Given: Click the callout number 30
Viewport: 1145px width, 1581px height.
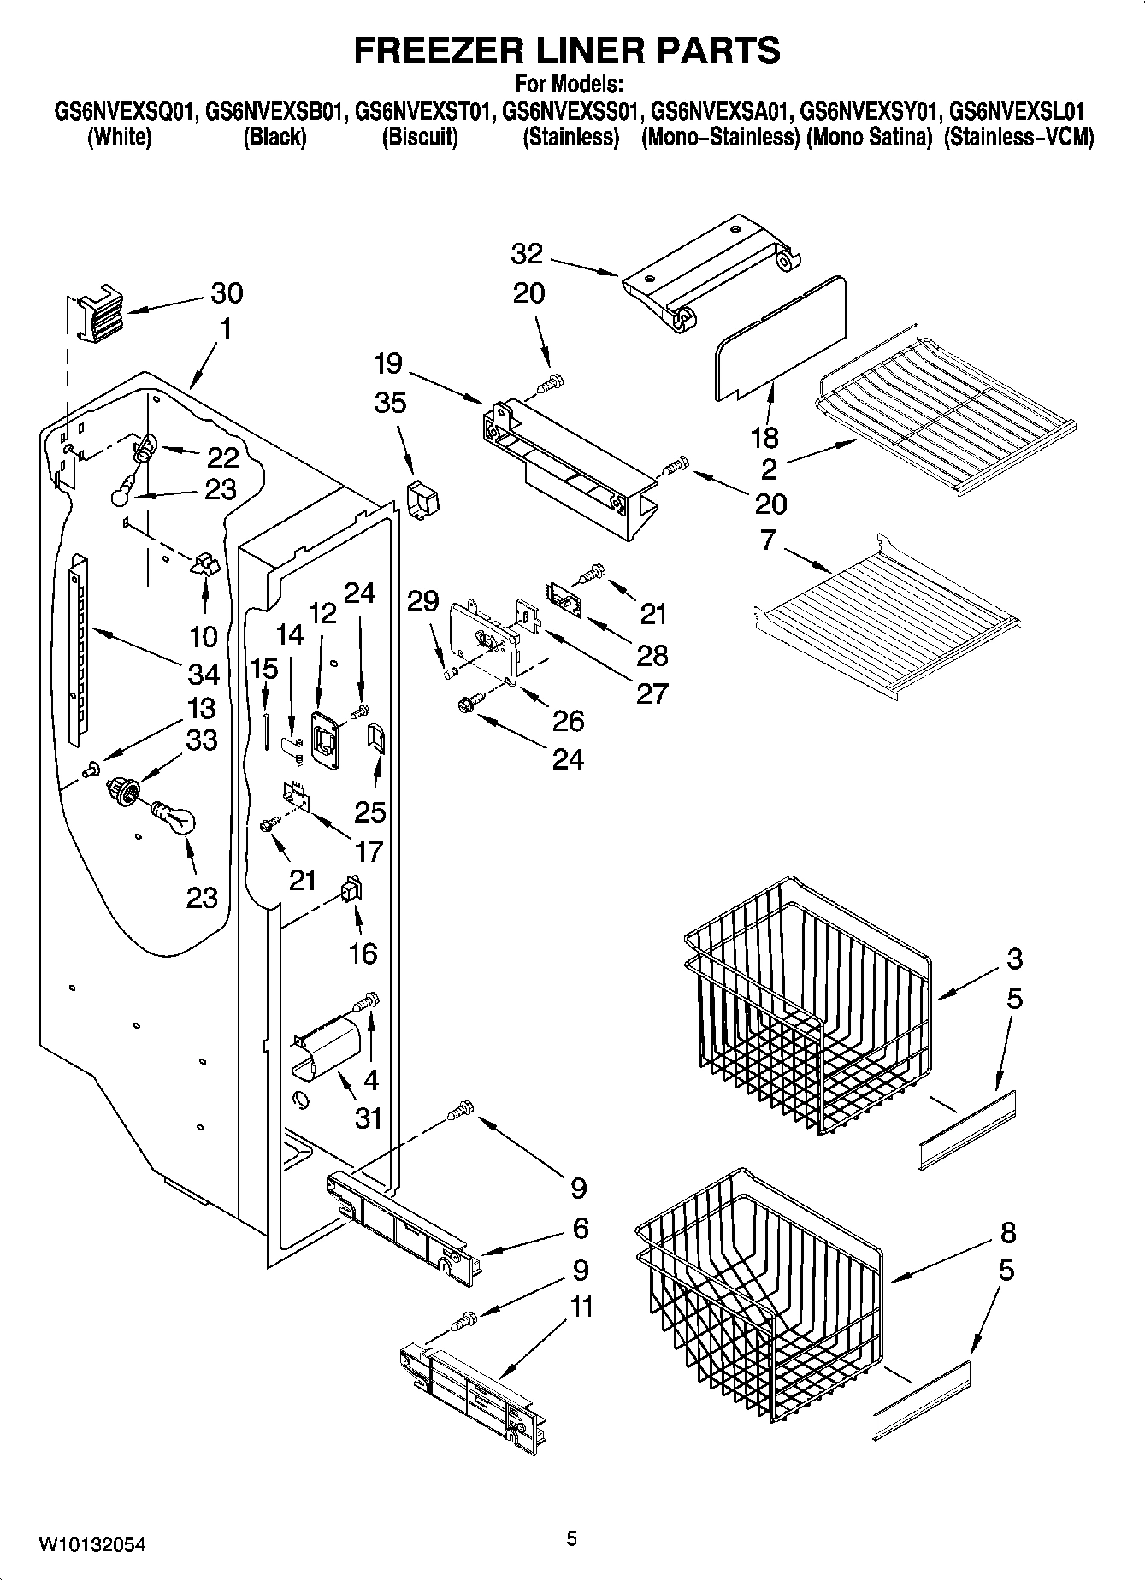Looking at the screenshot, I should (227, 293).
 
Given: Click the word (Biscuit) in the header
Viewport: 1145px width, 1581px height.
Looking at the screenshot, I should (419, 137).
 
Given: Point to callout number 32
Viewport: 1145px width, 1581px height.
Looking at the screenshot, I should (528, 254).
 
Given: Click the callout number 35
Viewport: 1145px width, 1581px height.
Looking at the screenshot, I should (390, 403).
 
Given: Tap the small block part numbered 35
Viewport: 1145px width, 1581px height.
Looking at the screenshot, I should (419, 498).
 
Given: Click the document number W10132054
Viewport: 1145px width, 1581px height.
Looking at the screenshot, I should (91, 1544).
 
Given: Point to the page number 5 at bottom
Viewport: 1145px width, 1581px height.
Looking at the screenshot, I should (572, 1539).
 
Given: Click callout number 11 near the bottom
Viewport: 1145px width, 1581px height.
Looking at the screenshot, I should (578, 1307).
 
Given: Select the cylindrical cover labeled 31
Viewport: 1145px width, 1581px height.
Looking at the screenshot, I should (326, 1045).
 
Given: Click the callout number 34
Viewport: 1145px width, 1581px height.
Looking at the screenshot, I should (204, 675).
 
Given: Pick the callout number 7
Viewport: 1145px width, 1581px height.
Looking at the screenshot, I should (767, 540).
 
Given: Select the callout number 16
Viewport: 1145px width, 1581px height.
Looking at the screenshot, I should (363, 953).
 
